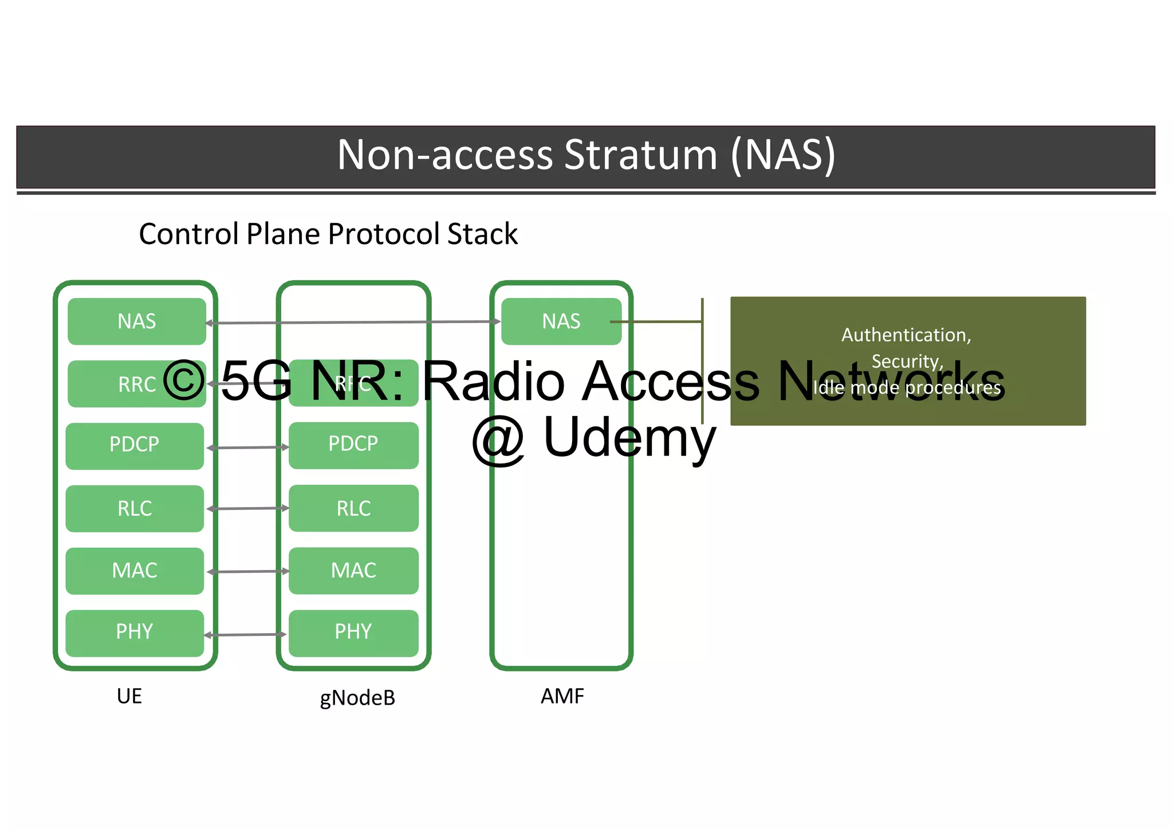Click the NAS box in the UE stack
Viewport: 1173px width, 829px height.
[x=136, y=321]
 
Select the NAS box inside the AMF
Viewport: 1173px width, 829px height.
[x=561, y=321]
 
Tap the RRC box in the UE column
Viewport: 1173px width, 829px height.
[x=136, y=384]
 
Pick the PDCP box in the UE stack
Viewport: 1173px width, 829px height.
[x=135, y=446]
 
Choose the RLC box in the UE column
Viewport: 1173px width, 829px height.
[x=135, y=508]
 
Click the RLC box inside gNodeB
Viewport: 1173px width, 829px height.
[x=353, y=508]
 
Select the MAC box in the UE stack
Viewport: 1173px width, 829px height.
[x=135, y=571]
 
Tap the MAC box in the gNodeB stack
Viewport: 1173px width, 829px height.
[x=353, y=571]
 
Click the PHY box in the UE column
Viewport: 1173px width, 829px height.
[x=135, y=632]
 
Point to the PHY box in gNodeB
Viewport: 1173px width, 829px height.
[x=353, y=632]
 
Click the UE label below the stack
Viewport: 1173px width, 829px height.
[x=129, y=696]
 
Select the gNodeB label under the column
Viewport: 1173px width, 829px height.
[x=357, y=698]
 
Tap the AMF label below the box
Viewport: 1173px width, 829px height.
[x=562, y=696]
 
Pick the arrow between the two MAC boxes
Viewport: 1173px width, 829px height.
[x=247, y=571]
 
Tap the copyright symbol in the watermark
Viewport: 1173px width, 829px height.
[x=184, y=380]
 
